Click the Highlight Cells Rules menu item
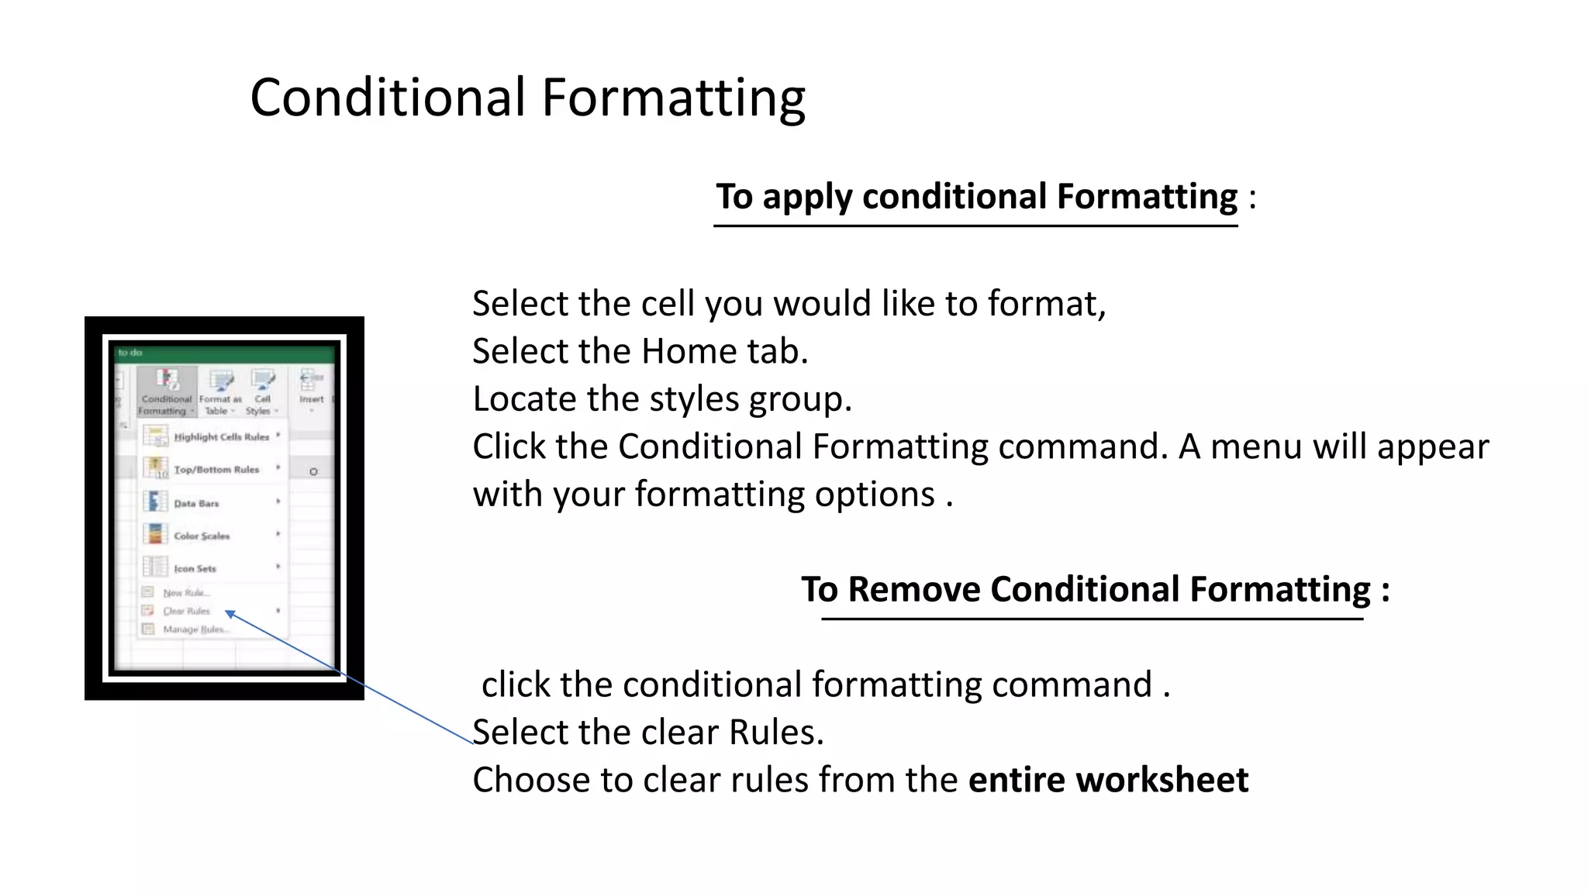click(221, 437)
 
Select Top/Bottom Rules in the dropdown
click(216, 470)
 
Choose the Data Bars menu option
click(196, 504)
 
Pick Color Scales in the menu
click(202, 536)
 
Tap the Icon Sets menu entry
click(195, 568)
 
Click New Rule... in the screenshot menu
click(185, 593)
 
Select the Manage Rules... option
click(195, 629)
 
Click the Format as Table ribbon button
click(220, 392)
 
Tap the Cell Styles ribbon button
click(262, 392)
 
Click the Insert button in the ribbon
click(311, 387)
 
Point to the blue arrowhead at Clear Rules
click(230, 614)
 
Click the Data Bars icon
click(154, 502)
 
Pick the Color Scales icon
click(154, 534)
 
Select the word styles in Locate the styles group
click(694, 399)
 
